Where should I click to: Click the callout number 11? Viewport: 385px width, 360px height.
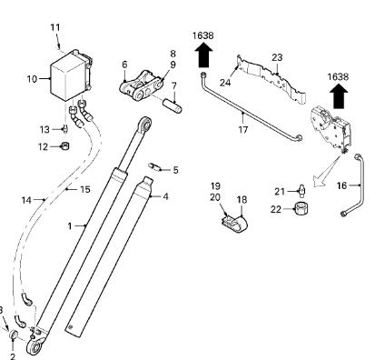point(55,27)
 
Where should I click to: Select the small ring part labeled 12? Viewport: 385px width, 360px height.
point(64,145)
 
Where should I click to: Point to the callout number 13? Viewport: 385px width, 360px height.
point(44,129)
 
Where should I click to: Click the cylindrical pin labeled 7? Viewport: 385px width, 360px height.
point(173,106)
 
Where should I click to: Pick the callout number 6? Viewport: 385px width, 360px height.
point(124,65)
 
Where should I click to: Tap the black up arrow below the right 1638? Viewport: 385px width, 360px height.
point(339,95)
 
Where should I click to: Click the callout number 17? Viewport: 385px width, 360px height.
point(242,130)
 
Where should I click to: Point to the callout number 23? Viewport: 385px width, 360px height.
point(277,57)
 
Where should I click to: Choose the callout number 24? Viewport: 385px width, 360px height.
point(225,82)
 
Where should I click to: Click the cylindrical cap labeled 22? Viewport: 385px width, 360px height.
point(301,209)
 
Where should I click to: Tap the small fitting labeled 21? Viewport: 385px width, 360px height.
point(301,189)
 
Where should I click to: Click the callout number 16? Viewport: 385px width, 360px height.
point(341,185)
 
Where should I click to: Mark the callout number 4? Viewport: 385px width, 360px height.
point(165,196)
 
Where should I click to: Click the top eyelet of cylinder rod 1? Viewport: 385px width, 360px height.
point(145,124)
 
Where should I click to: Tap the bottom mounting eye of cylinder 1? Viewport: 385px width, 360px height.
point(35,346)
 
